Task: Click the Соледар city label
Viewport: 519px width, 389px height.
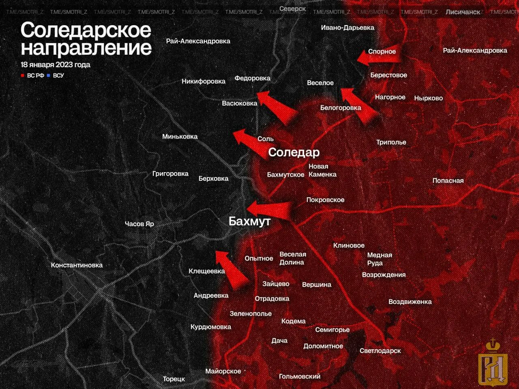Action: click(x=294, y=152)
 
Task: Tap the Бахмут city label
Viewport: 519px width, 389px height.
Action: click(x=249, y=221)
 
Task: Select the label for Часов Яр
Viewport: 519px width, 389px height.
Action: click(x=139, y=224)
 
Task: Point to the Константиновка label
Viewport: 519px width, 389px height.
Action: click(x=77, y=265)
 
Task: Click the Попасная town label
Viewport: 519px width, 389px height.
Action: click(x=448, y=181)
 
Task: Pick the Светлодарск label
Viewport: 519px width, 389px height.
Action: click(x=380, y=351)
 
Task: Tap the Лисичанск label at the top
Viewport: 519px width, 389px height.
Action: click(x=463, y=12)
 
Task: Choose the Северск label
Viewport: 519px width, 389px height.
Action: click(x=292, y=9)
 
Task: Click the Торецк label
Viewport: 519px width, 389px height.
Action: click(x=174, y=379)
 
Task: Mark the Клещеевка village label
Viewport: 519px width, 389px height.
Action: click(x=207, y=271)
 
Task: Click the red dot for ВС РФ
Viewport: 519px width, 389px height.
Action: click(x=23, y=75)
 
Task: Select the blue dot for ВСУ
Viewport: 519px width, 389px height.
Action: click(x=49, y=75)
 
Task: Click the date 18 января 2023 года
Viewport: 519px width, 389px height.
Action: click(x=56, y=65)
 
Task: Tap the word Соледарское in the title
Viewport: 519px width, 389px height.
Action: click(x=86, y=30)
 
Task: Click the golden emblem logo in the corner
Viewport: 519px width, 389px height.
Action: click(x=493, y=363)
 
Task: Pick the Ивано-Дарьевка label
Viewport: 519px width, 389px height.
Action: click(x=347, y=28)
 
